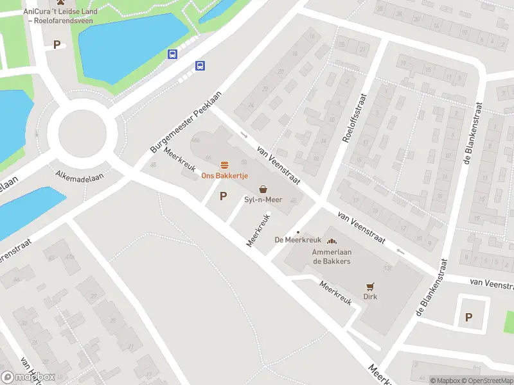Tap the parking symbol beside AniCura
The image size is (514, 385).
tap(57, 45)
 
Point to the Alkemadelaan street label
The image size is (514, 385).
tap(81, 175)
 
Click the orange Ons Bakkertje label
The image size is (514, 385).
tap(225, 176)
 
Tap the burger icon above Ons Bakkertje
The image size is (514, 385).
tap(224, 166)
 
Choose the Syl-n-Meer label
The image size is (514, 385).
tap(263, 200)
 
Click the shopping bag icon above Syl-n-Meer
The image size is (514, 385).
tap(263, 189)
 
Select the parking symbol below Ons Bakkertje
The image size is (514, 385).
tap(223, 196)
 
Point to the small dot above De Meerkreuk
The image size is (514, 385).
tap(297, 232)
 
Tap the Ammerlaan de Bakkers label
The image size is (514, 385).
tap(332, 257)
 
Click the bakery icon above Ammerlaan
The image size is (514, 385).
tap(332, 241)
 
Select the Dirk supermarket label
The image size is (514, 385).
tap(370, 297)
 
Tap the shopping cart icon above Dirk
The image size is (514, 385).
tap(370, 287)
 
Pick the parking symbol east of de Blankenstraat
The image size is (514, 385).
tap(468, 317)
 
